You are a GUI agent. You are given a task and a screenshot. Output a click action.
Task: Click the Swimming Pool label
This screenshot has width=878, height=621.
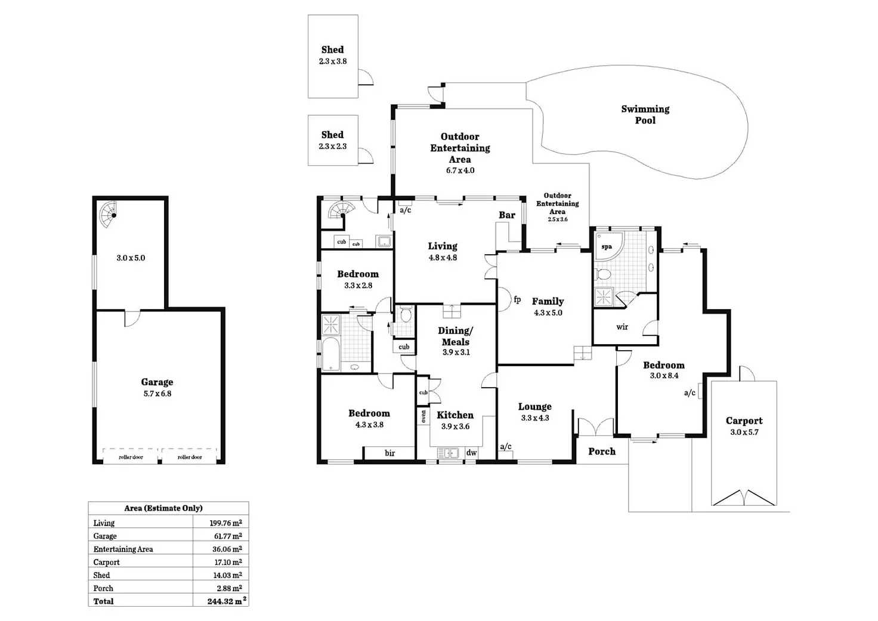click(645, 115)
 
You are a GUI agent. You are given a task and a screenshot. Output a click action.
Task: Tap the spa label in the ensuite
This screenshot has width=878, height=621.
click(606, 246)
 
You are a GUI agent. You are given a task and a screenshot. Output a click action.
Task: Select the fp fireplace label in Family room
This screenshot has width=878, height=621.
click(517, 299)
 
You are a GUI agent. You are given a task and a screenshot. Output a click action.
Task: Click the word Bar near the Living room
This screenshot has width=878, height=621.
click(506, 215)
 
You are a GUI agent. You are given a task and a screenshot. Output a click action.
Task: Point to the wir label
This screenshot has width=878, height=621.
click(622, 327)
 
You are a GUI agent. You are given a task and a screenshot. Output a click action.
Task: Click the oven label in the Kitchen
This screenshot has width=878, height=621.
click(423, 416)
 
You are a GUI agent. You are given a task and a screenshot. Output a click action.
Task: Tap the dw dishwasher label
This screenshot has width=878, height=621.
click(471, 453)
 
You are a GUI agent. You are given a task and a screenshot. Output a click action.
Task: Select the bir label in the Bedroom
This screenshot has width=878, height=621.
click(389, 453)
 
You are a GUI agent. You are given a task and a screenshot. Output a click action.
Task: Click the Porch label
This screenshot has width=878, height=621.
click(601, 451)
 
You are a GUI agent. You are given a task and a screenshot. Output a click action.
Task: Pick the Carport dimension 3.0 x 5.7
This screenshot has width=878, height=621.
click(744, 432)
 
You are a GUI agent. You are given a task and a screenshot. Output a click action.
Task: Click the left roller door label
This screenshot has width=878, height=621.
click(131, 457)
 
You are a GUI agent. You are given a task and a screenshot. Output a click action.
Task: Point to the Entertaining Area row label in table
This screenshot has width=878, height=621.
click(123, 549)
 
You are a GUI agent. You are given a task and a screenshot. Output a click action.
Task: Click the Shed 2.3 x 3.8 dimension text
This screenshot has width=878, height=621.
click(332, 61)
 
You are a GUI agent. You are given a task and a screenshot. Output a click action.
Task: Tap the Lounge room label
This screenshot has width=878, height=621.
click(534, 407)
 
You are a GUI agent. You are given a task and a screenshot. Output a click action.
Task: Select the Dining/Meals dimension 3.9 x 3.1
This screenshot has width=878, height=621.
click(456, 352)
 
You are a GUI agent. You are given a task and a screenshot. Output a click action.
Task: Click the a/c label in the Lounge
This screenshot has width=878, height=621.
click(506, 446)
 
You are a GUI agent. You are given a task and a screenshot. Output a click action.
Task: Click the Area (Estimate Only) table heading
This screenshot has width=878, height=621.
click(163, 508)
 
